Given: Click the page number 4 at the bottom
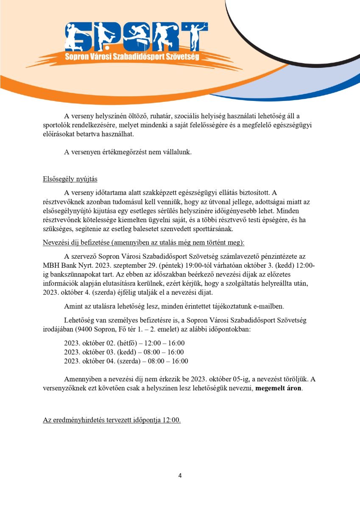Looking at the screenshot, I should pos(180,475).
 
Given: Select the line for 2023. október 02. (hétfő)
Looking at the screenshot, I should pos(124,343).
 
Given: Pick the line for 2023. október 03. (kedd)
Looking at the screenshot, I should pos(124,352).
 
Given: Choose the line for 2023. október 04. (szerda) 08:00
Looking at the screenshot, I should pos(126,361).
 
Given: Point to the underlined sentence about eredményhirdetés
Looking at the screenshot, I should pos(112,420).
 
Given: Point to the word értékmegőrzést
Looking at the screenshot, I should pos(117,152).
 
